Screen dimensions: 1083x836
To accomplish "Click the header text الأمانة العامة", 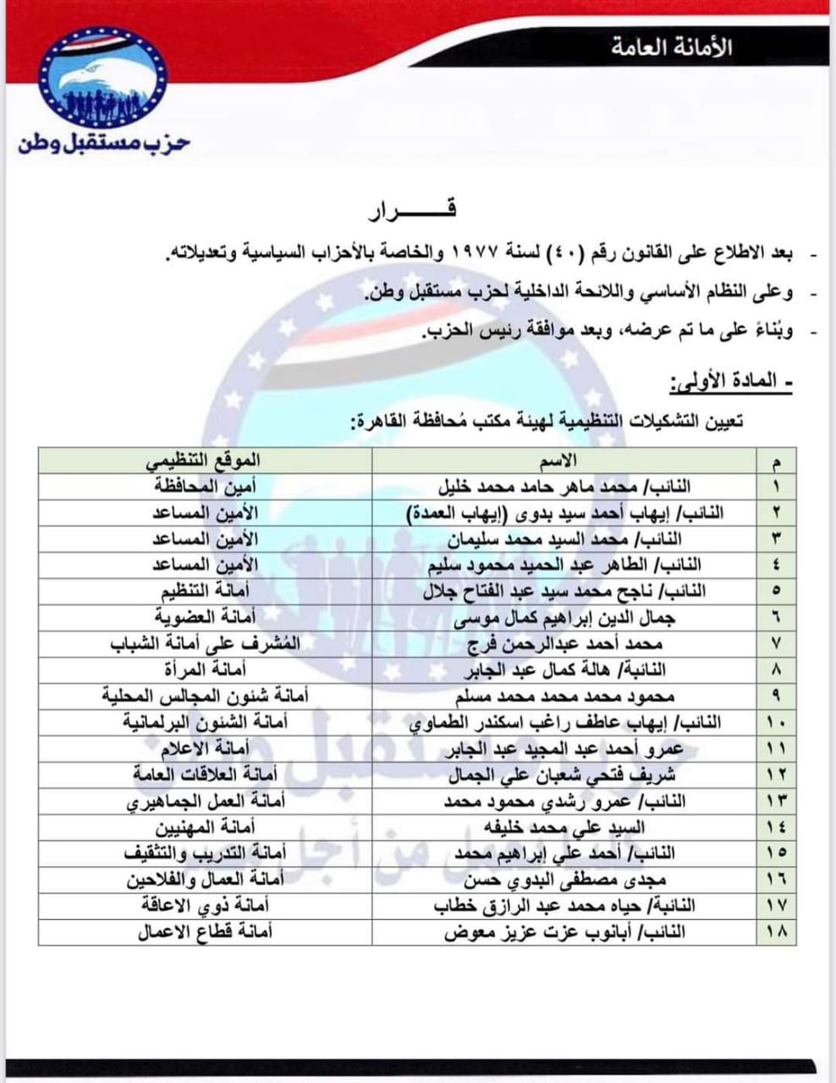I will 672,47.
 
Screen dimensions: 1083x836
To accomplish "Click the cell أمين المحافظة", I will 206,486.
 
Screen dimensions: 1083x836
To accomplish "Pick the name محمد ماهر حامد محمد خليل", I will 564,486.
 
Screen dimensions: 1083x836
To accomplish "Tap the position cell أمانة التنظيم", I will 208,590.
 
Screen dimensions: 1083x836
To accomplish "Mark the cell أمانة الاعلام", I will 206,748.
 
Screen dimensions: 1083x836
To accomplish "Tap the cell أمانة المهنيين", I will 207,827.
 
